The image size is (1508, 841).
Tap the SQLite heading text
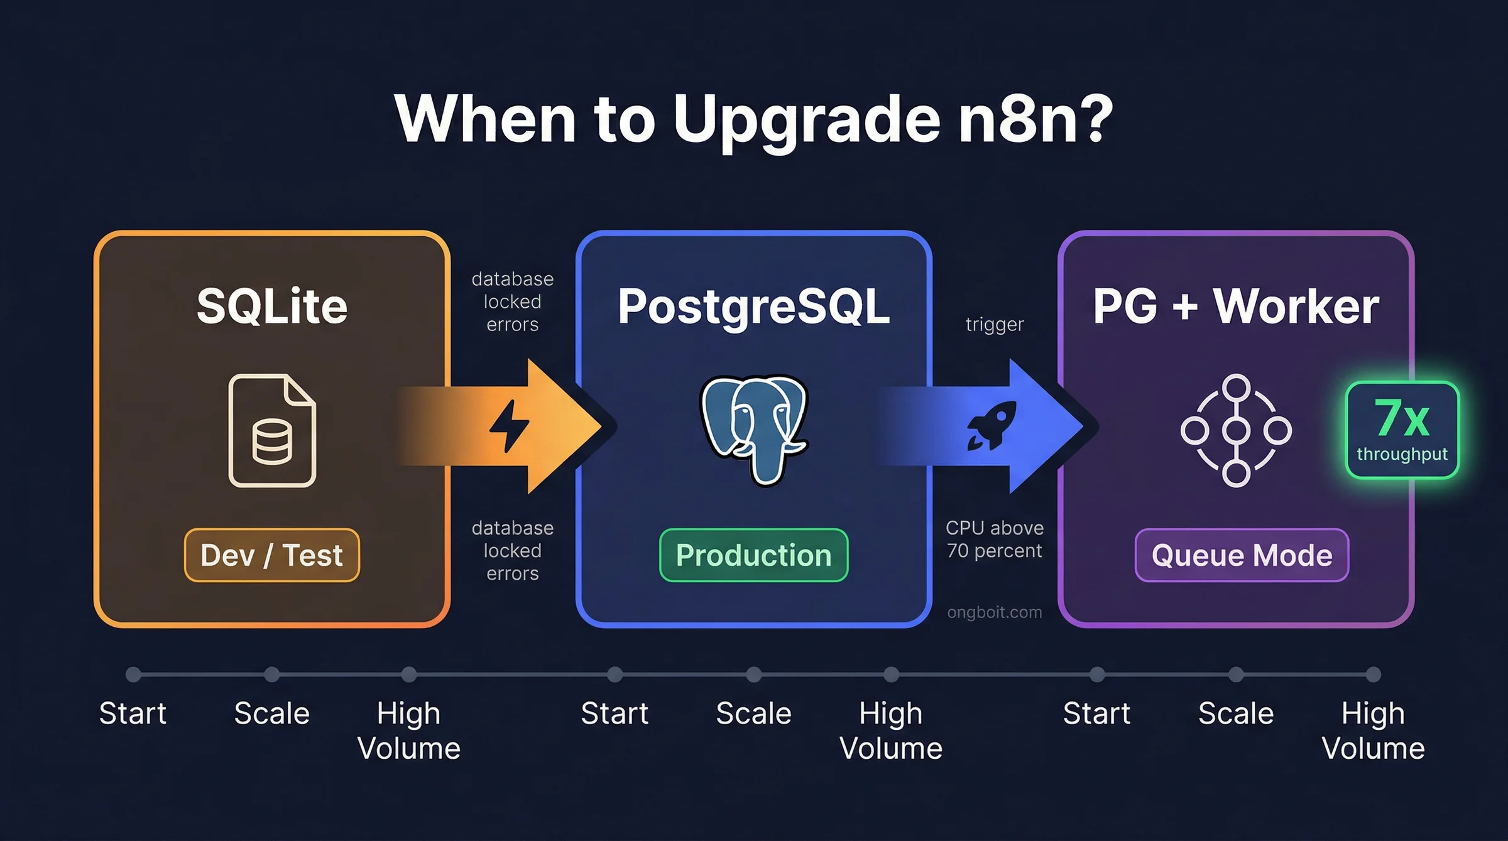pyautogui.click(x=271, y=307)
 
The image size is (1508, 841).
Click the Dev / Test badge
pyautogui.click(x=271, y=555)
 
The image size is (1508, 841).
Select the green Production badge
pyautogui.click(x=753, y=555)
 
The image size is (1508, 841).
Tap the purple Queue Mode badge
pyautogui.click(x=1242, y=555)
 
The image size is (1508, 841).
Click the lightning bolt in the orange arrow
pyautogui.click(x=510, y=426)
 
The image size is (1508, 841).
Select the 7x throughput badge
pyautogui.click(x=1402, y=430)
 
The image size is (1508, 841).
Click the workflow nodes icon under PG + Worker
pyautogui.click(x=1236, y=430)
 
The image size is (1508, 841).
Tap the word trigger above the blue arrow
pyautogui.click(x=994, y=325)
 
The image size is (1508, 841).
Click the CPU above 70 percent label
pyautogui.click(x=994, y=539)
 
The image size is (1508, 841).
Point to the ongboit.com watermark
pyautogui.click(x=994, y=612)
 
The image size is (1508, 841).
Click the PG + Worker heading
pyautogui.click(x=1235, y=307)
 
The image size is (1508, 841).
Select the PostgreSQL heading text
pyautogui.click(x=753, y=307)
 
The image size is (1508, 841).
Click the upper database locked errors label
pyautogui.click(x=512, y=301)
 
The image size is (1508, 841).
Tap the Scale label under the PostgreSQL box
pyautogui.click(x=753, y=713)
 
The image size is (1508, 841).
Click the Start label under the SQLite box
pyautogui.click(x=133, y=713)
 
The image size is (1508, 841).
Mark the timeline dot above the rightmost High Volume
pyautogui.click(x=1374, y=675)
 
